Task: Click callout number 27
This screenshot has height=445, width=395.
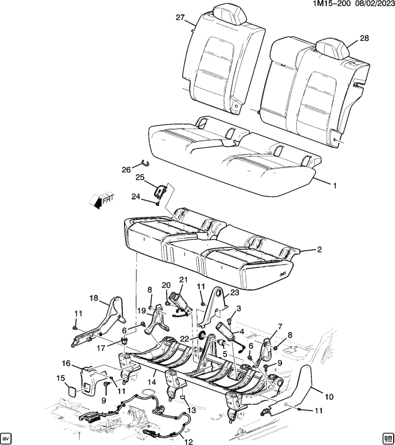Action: [180, 18]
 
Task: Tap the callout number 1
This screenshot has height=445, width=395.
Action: [335, 185]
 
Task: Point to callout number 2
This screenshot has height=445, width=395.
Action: [319, 250]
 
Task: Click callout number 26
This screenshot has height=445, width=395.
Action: [126, 169]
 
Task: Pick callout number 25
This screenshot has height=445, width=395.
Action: [139, 178]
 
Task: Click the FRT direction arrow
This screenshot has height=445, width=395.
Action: [101, 199]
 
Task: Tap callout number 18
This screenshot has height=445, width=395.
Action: [94, 298]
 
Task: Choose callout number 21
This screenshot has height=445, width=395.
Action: [183, 280]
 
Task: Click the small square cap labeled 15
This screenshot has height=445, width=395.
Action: [72, 391]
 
